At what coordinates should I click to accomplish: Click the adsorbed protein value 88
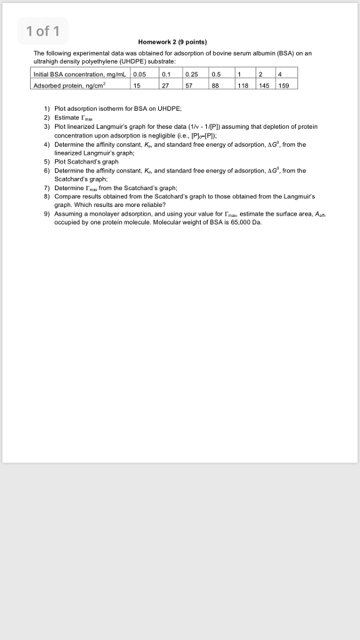click(216, 86)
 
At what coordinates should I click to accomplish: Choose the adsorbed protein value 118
click(242, 86)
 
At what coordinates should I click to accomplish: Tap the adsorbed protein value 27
click(165, 86)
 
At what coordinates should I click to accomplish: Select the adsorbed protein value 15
click(137, 86)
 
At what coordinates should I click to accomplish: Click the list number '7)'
click(47, 187)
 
